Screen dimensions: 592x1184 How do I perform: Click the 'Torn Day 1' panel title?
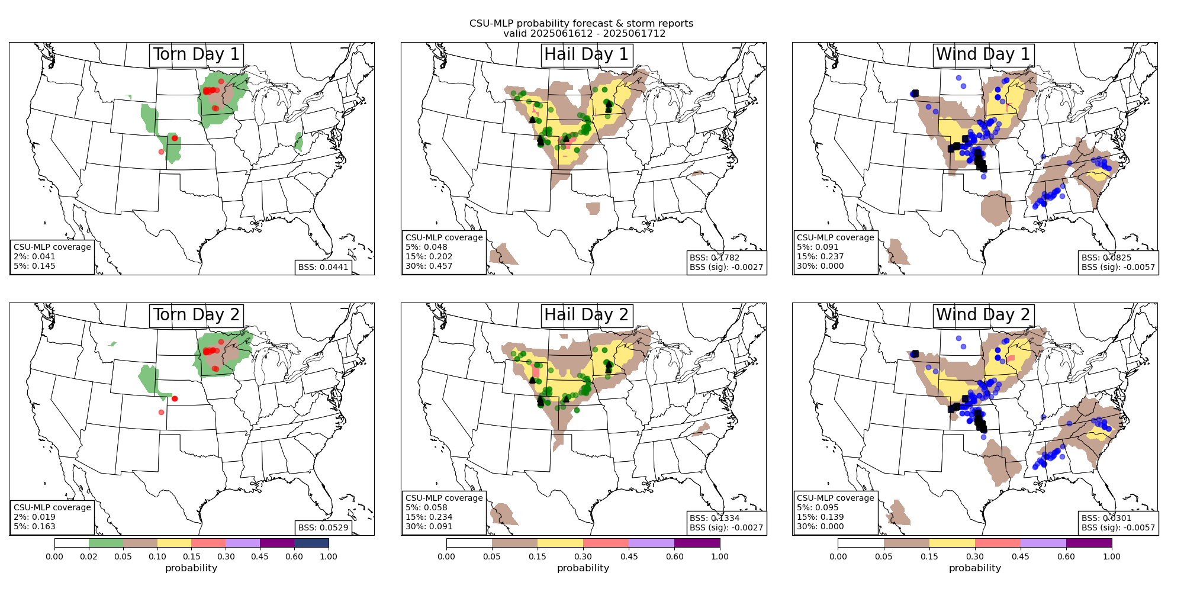(196, 54)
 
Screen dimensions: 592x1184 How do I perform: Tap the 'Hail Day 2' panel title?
(586, 315)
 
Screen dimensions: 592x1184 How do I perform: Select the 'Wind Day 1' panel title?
(983, 54)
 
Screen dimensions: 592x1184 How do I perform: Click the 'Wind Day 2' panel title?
(983, 315)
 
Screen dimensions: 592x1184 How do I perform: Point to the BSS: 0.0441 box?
(323, 267)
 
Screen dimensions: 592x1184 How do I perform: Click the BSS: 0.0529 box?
(323, 527)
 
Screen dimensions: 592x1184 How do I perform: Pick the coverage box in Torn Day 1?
(52, 256)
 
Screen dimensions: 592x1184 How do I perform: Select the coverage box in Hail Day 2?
(444, 512)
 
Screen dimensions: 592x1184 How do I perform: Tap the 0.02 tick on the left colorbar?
(89, 556)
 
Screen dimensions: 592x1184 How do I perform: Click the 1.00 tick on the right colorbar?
(1111, 556)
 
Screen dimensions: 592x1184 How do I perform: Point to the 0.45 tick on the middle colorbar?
(629, 556)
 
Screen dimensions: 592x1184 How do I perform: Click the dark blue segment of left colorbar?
(311, 543)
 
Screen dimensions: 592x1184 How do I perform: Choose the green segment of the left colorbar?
(106, 543)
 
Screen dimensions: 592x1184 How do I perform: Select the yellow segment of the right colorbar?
(952, 543)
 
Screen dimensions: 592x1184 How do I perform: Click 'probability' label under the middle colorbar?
(583, 568)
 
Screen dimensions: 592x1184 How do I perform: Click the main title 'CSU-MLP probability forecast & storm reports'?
(581, 24)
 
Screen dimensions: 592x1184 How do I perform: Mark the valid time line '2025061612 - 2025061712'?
(584, 34)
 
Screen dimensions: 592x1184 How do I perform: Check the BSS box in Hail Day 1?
(726, 262)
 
